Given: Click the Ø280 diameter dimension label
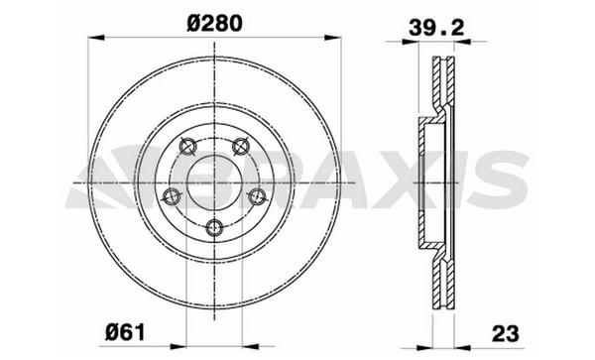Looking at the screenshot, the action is (x=214, y=24).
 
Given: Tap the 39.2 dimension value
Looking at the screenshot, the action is (x=436, y=28).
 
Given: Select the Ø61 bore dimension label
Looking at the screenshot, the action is (x=125, y=333).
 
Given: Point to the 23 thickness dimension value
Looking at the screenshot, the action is (x=505, y=334).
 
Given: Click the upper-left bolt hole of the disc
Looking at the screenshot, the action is (x=187, y=147).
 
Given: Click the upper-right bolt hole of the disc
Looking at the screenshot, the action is (x=241, y=147).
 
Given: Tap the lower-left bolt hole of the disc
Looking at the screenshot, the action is (x=172, y=196).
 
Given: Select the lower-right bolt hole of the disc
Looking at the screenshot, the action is (x=257, y=196).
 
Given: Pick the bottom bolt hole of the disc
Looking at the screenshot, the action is (x=214, y=228).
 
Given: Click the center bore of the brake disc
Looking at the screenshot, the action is (x=214, y=183).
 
